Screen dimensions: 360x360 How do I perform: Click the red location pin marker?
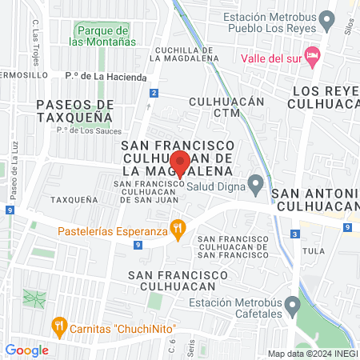click(x=181, y=163)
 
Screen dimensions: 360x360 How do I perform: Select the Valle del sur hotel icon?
click(x=313, y=57)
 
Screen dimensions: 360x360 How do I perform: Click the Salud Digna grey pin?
click(x=255, y=185)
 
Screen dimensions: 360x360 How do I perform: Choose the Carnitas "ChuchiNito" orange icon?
click(x=58, y=326)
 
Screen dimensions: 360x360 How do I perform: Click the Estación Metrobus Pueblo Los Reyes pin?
click(x=326, y=17)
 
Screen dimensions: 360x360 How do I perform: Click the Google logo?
click(x=27, y=350)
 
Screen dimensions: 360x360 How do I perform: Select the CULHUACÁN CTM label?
click(x=226, y=108)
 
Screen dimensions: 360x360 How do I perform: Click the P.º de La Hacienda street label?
click(x=106, y=77)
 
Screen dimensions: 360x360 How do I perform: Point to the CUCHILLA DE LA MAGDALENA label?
click(x=175, y=52)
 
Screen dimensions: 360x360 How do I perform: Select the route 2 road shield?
click(x=153, y=94)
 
